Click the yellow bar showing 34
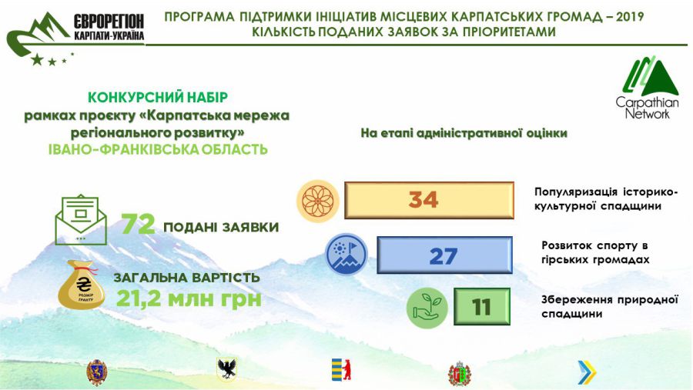pos(429,200)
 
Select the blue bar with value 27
pos(444,255)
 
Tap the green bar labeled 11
pos(482,306)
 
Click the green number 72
pos(139,224)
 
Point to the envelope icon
pos(81,219)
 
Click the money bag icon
pos(82,285)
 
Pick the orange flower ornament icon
pos(317,201)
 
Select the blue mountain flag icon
pos(346,255)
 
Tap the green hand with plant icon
pos(427,308)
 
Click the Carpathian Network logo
pos(648,88)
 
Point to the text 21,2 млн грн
pos(189,299)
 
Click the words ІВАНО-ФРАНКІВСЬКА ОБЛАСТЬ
pos(158,149)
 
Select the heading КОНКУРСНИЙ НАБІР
pos(158,97)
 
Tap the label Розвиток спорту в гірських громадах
pos(595,252)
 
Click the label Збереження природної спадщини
pos(610,306)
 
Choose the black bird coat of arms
pos(227,368)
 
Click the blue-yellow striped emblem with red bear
pos(341,370)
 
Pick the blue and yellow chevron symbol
pos(588,372)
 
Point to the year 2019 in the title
pos(630,17)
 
